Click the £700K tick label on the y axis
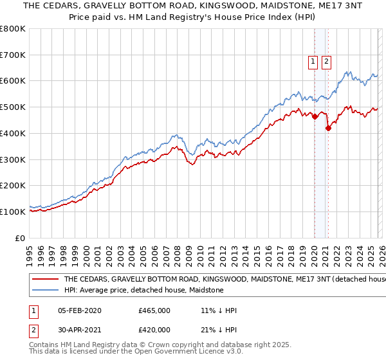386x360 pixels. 13,55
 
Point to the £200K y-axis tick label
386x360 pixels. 13,186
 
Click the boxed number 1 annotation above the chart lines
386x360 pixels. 313,62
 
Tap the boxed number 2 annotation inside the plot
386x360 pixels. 326,62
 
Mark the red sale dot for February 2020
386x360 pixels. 315,116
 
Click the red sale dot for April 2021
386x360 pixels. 329,128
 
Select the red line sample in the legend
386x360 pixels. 45,280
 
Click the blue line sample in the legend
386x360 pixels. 45,291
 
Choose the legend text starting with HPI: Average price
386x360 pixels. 143,291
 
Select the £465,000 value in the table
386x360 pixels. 154,310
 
